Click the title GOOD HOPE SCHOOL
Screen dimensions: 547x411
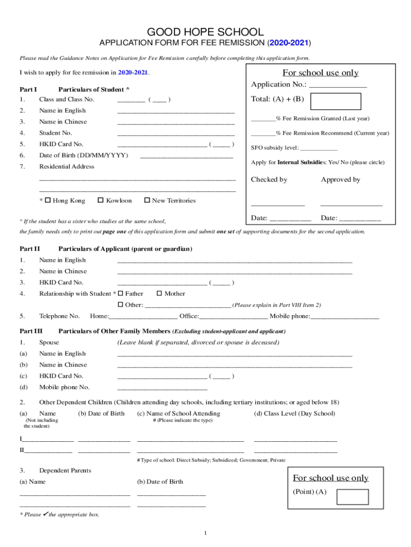(x=205, y=32)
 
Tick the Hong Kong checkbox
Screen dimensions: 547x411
(x=48, y=200)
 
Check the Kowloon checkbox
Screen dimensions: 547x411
(x=101, y=200)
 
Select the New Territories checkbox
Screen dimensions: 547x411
(x=147, y=200)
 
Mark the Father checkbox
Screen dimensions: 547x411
(x=120, y=293)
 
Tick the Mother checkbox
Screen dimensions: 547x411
(x=159, y=293)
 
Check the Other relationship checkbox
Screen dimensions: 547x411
(x=120, y=304)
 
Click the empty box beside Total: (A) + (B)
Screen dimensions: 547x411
(x=336, y=101)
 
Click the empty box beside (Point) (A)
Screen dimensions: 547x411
(x=352, y=497)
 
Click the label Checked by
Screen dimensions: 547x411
(x=269, y=179)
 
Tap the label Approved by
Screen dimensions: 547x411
(x=341, y=179)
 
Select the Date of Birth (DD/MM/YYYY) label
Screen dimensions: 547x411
(x=83, y=155)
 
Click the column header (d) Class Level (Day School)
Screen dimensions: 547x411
(x=295, y=413)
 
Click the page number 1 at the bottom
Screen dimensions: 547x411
(x=205, y=533)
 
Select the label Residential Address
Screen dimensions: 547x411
(x=67, y=167)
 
